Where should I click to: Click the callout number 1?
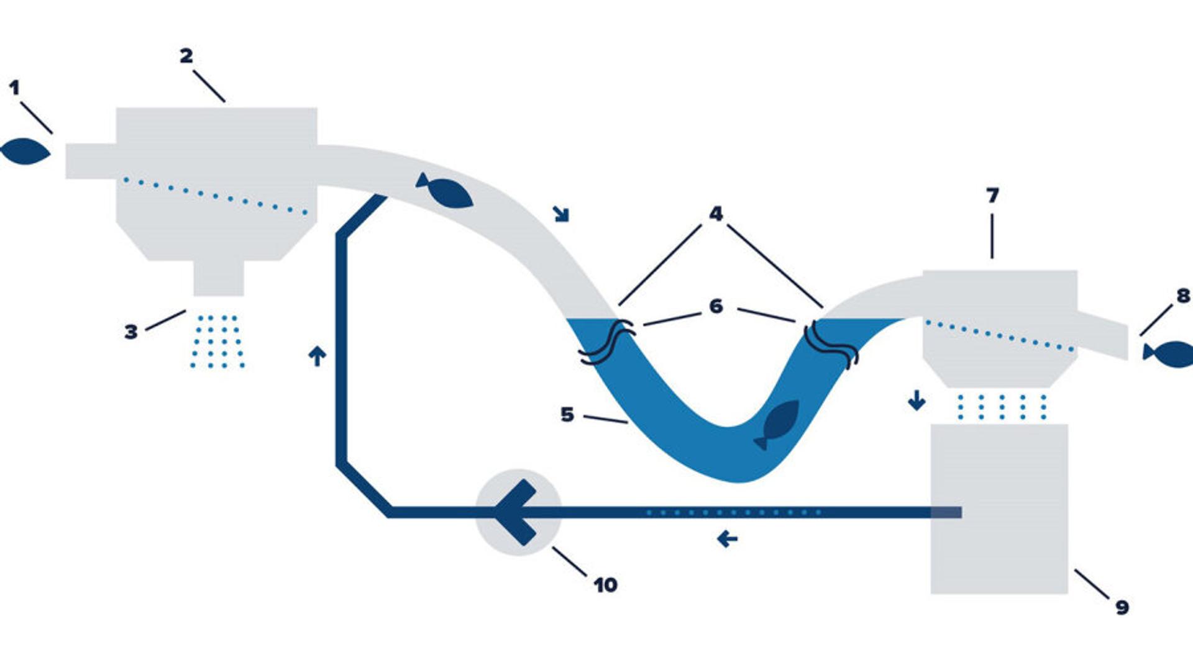(14, 88)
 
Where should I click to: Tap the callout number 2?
(186, 56)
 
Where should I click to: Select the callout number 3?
(130, 332)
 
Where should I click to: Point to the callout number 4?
(716, 214)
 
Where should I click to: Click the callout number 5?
(567, 414)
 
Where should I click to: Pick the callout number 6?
(716, 306)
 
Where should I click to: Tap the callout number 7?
(992, 196)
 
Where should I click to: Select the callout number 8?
(1183, 296)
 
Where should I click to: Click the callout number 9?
(1122, 607)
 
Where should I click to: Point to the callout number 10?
(605, 585)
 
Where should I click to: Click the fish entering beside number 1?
(25, 152)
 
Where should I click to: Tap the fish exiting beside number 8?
(1168, 354)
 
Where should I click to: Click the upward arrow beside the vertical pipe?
(317, 356)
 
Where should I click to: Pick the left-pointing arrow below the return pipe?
(727, 538)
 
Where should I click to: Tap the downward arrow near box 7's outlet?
(916, 400)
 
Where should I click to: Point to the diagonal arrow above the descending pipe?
(561, 214)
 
